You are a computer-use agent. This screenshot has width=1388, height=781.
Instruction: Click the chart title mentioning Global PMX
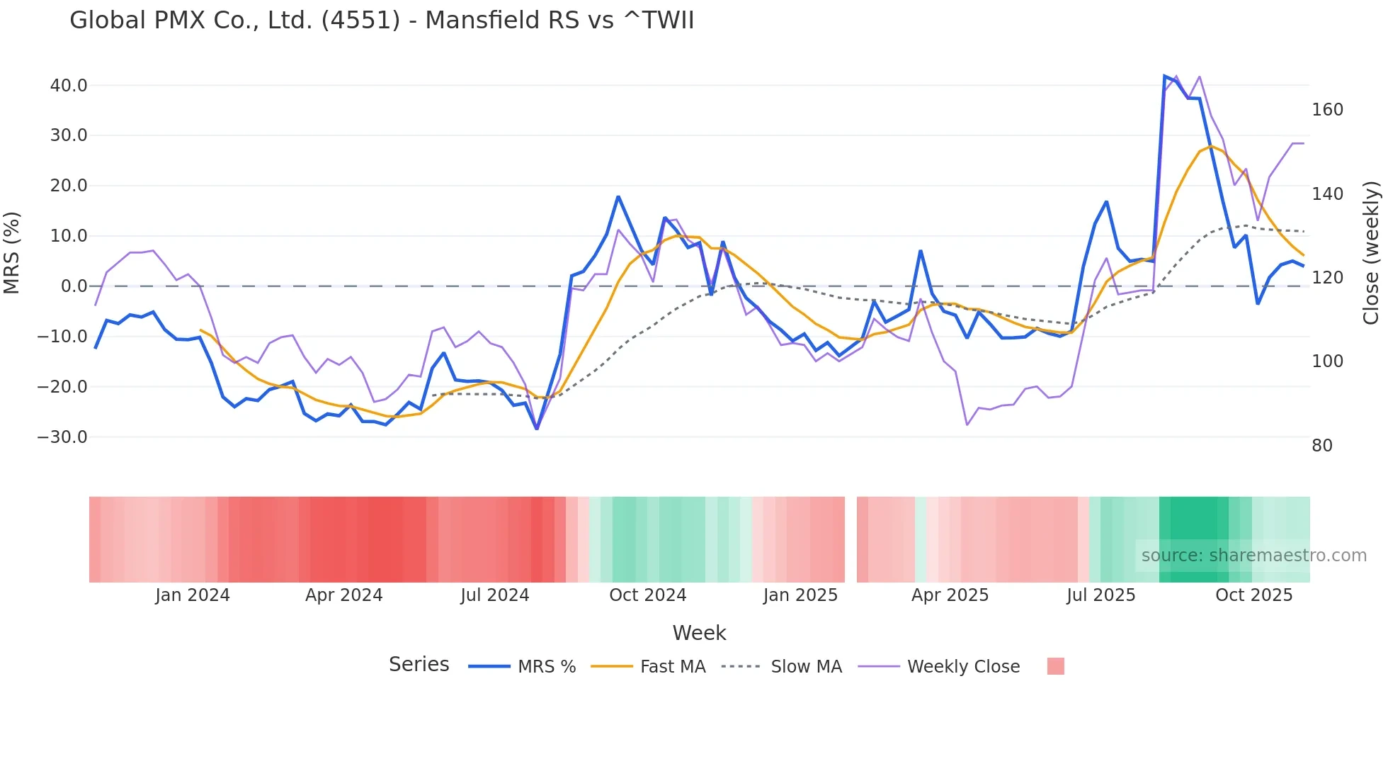pyautogui.click(x=382, y=21)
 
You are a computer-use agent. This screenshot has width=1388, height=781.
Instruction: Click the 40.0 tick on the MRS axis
pyautogui.click(x=68, y=86)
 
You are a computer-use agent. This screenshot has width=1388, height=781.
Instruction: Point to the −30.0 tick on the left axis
pyautogui.click(x=62, y=437)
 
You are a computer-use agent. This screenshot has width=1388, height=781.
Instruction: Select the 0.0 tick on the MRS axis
pyautogui.click(x=74, y=286)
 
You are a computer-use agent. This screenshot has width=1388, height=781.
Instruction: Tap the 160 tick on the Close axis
pyautogui.click(x=1327, y=110)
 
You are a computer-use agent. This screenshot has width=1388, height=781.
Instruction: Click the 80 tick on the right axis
pyautogui.click(x=1321, y=446)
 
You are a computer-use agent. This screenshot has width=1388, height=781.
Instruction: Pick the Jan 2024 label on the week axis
pyautogui.click(x=193, y=595)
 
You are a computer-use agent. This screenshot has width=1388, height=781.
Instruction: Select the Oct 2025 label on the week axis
pyautogui.click(x=1253, y=595)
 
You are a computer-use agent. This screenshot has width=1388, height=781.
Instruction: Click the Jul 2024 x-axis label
pyautogui.click(x=494, y=595)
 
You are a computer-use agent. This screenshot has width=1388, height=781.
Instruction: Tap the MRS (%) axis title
pyautogui.click(x=12, y=252)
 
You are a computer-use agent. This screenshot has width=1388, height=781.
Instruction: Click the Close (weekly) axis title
pyautogui.click(x=1371, y=252)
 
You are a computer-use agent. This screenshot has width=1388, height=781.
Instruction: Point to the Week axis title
pyautogui.click(x=699, y=633)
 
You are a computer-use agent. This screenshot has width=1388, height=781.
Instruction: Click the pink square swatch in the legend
pyautogui.click(x=1055, y=667)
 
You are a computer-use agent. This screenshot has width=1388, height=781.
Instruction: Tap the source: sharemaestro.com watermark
pyautogui.click(x=1253, y=556)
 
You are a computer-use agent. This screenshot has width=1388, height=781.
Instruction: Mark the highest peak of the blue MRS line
pyautogui.click(x=1165, y=76)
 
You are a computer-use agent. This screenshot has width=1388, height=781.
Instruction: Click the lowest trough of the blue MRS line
pyautogui.click(x=537, y=429)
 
